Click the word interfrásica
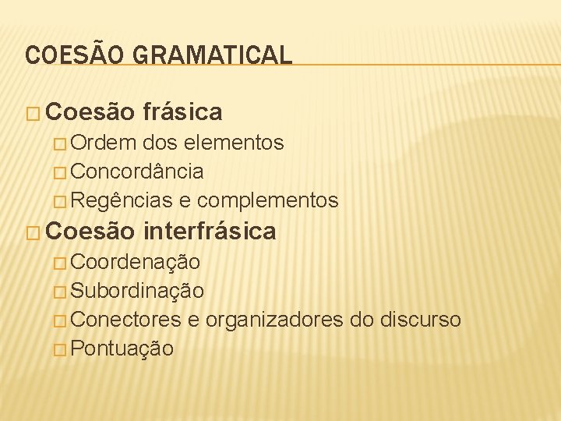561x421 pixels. coord(210,232)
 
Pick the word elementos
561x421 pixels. coord(235,143)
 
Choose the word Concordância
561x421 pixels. coord(137,172)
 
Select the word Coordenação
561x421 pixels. coord(135,261)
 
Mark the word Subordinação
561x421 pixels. coord(137,291)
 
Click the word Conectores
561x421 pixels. coord(126,320)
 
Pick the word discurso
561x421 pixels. coord(421,320)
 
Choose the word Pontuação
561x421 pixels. coord(122,348)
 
